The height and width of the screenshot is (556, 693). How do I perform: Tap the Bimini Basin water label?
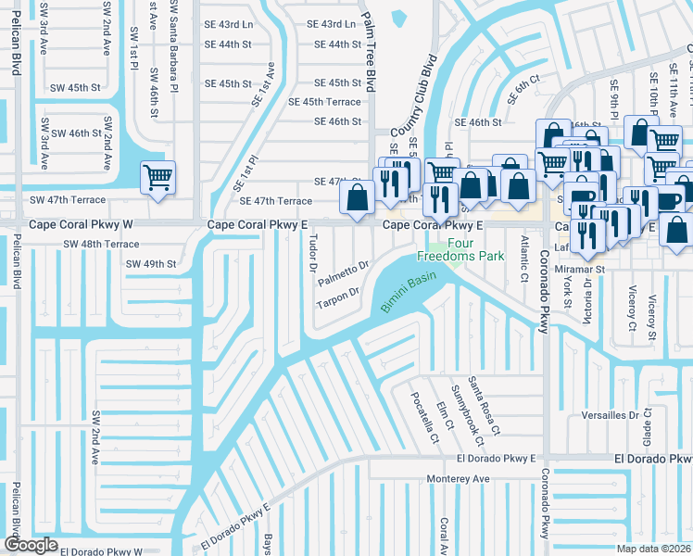[409, 295]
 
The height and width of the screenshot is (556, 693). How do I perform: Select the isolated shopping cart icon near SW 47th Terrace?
[157, 177]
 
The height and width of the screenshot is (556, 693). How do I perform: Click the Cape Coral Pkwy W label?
[82, 224]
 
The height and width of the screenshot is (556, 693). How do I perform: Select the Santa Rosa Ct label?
[484, 405]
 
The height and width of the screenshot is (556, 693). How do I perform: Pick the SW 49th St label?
[151, 264]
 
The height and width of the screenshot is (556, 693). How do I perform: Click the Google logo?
[31, 545]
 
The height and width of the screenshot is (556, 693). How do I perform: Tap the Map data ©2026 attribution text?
[652, 549]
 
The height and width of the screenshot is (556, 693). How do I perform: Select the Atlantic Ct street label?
[524, 247]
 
